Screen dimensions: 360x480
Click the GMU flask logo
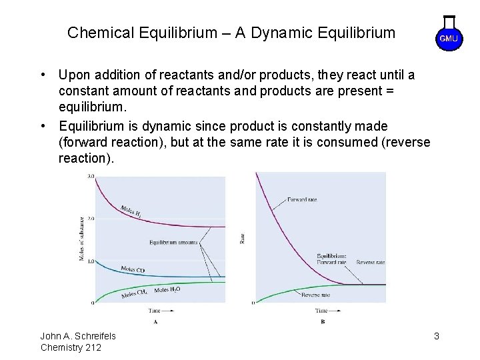point(449,34)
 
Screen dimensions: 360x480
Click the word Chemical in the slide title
point(96,32)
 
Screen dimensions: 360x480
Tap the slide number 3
point(436,336)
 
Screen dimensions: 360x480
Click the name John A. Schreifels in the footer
point(79,336)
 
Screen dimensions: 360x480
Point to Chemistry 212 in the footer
point(71,347)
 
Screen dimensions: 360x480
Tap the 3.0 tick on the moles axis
point(90,177)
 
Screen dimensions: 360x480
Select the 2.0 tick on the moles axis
point(90,219)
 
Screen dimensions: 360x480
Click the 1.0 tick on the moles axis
point(90,261)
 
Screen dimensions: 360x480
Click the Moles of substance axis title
point(82,239)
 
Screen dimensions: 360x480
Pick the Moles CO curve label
point(133,270)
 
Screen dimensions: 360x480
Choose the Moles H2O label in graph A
point(166,290)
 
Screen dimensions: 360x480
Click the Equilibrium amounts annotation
point(173,243)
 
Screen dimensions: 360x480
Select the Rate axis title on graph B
point(243,237)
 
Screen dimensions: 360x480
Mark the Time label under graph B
point(322,311)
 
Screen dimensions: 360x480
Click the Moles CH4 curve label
point(134,293)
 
